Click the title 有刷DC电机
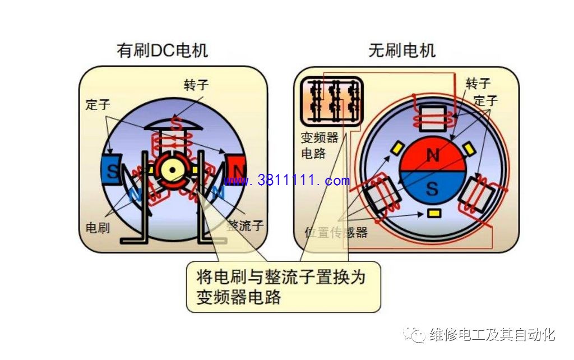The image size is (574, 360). click(x=162, y=50)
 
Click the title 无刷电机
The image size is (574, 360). click(x=401, y=50)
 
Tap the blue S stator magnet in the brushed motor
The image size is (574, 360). click(x=112, y=170)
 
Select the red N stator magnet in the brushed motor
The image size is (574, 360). click(x=235, y=170)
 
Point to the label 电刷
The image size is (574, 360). click(x=98, y=228)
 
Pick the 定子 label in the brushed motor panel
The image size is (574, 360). click(x=98, y=104)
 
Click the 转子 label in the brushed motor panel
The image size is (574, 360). click(x=196, y=85)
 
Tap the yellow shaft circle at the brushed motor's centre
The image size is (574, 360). click(x=172, y=170)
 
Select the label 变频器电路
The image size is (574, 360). click(x=320, y=145)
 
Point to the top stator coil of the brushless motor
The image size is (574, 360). click(x=433, y=118)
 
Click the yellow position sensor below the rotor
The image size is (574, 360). click(x=434, y=213)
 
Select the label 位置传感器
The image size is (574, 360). click(x=336, y=232)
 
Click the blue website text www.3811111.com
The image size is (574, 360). click(x=286, y=180)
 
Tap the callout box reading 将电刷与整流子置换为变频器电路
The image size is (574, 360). click(x=283, y=287)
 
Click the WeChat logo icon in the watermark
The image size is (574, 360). click(x=414, y=334)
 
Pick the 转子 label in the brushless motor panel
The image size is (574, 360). click(x=478, y=84)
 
